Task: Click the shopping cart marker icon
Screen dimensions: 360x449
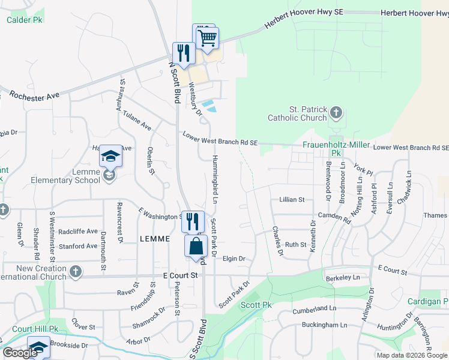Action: point(208,38)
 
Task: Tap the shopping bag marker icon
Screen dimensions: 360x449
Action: point(196,245)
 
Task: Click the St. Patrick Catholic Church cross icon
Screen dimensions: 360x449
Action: point(337,112)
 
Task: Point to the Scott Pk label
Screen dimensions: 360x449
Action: point(256,305)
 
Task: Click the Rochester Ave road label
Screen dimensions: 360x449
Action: point(35,95)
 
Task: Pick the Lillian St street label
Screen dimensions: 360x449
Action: point(292,199)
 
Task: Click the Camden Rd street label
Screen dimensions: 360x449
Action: point(334,217)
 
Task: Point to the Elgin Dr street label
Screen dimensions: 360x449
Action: point(234,259)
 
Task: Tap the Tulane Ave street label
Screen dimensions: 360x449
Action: point(137,120)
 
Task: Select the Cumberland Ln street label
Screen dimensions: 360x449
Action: point(311,309)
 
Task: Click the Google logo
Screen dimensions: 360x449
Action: point(20,352)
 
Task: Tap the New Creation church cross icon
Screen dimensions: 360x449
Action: point(75,272)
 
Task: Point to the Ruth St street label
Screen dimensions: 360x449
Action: point(295,244)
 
